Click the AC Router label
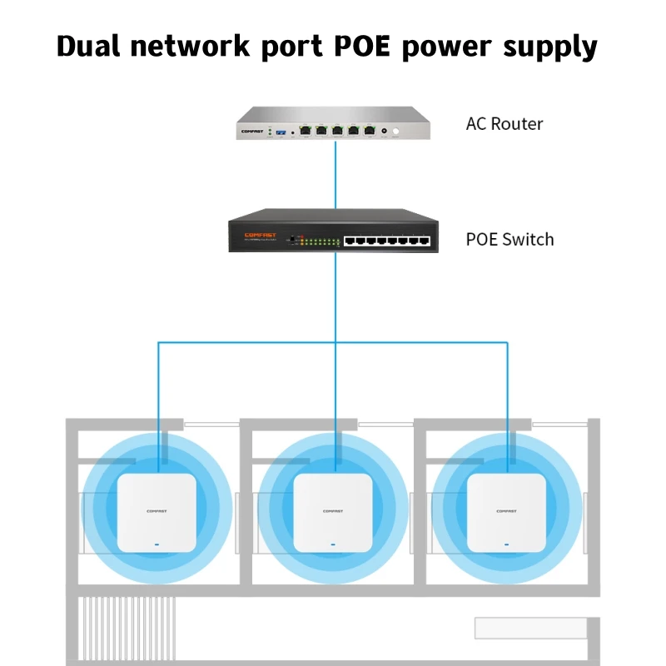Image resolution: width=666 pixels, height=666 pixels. (504, 124)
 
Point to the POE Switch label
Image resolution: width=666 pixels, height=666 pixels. (509, 240)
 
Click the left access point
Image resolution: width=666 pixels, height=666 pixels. (156, 512)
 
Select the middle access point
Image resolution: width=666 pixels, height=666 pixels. (332, 512)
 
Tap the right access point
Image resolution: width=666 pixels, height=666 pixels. (506, 512)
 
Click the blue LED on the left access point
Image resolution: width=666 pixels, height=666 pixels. (156, 545)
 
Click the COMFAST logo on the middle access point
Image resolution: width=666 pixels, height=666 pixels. (332, 511)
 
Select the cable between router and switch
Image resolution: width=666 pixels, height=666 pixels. (335, 175)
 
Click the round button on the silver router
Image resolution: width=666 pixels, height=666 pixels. (397, 131)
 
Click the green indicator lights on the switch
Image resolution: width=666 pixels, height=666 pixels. (321, 241)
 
